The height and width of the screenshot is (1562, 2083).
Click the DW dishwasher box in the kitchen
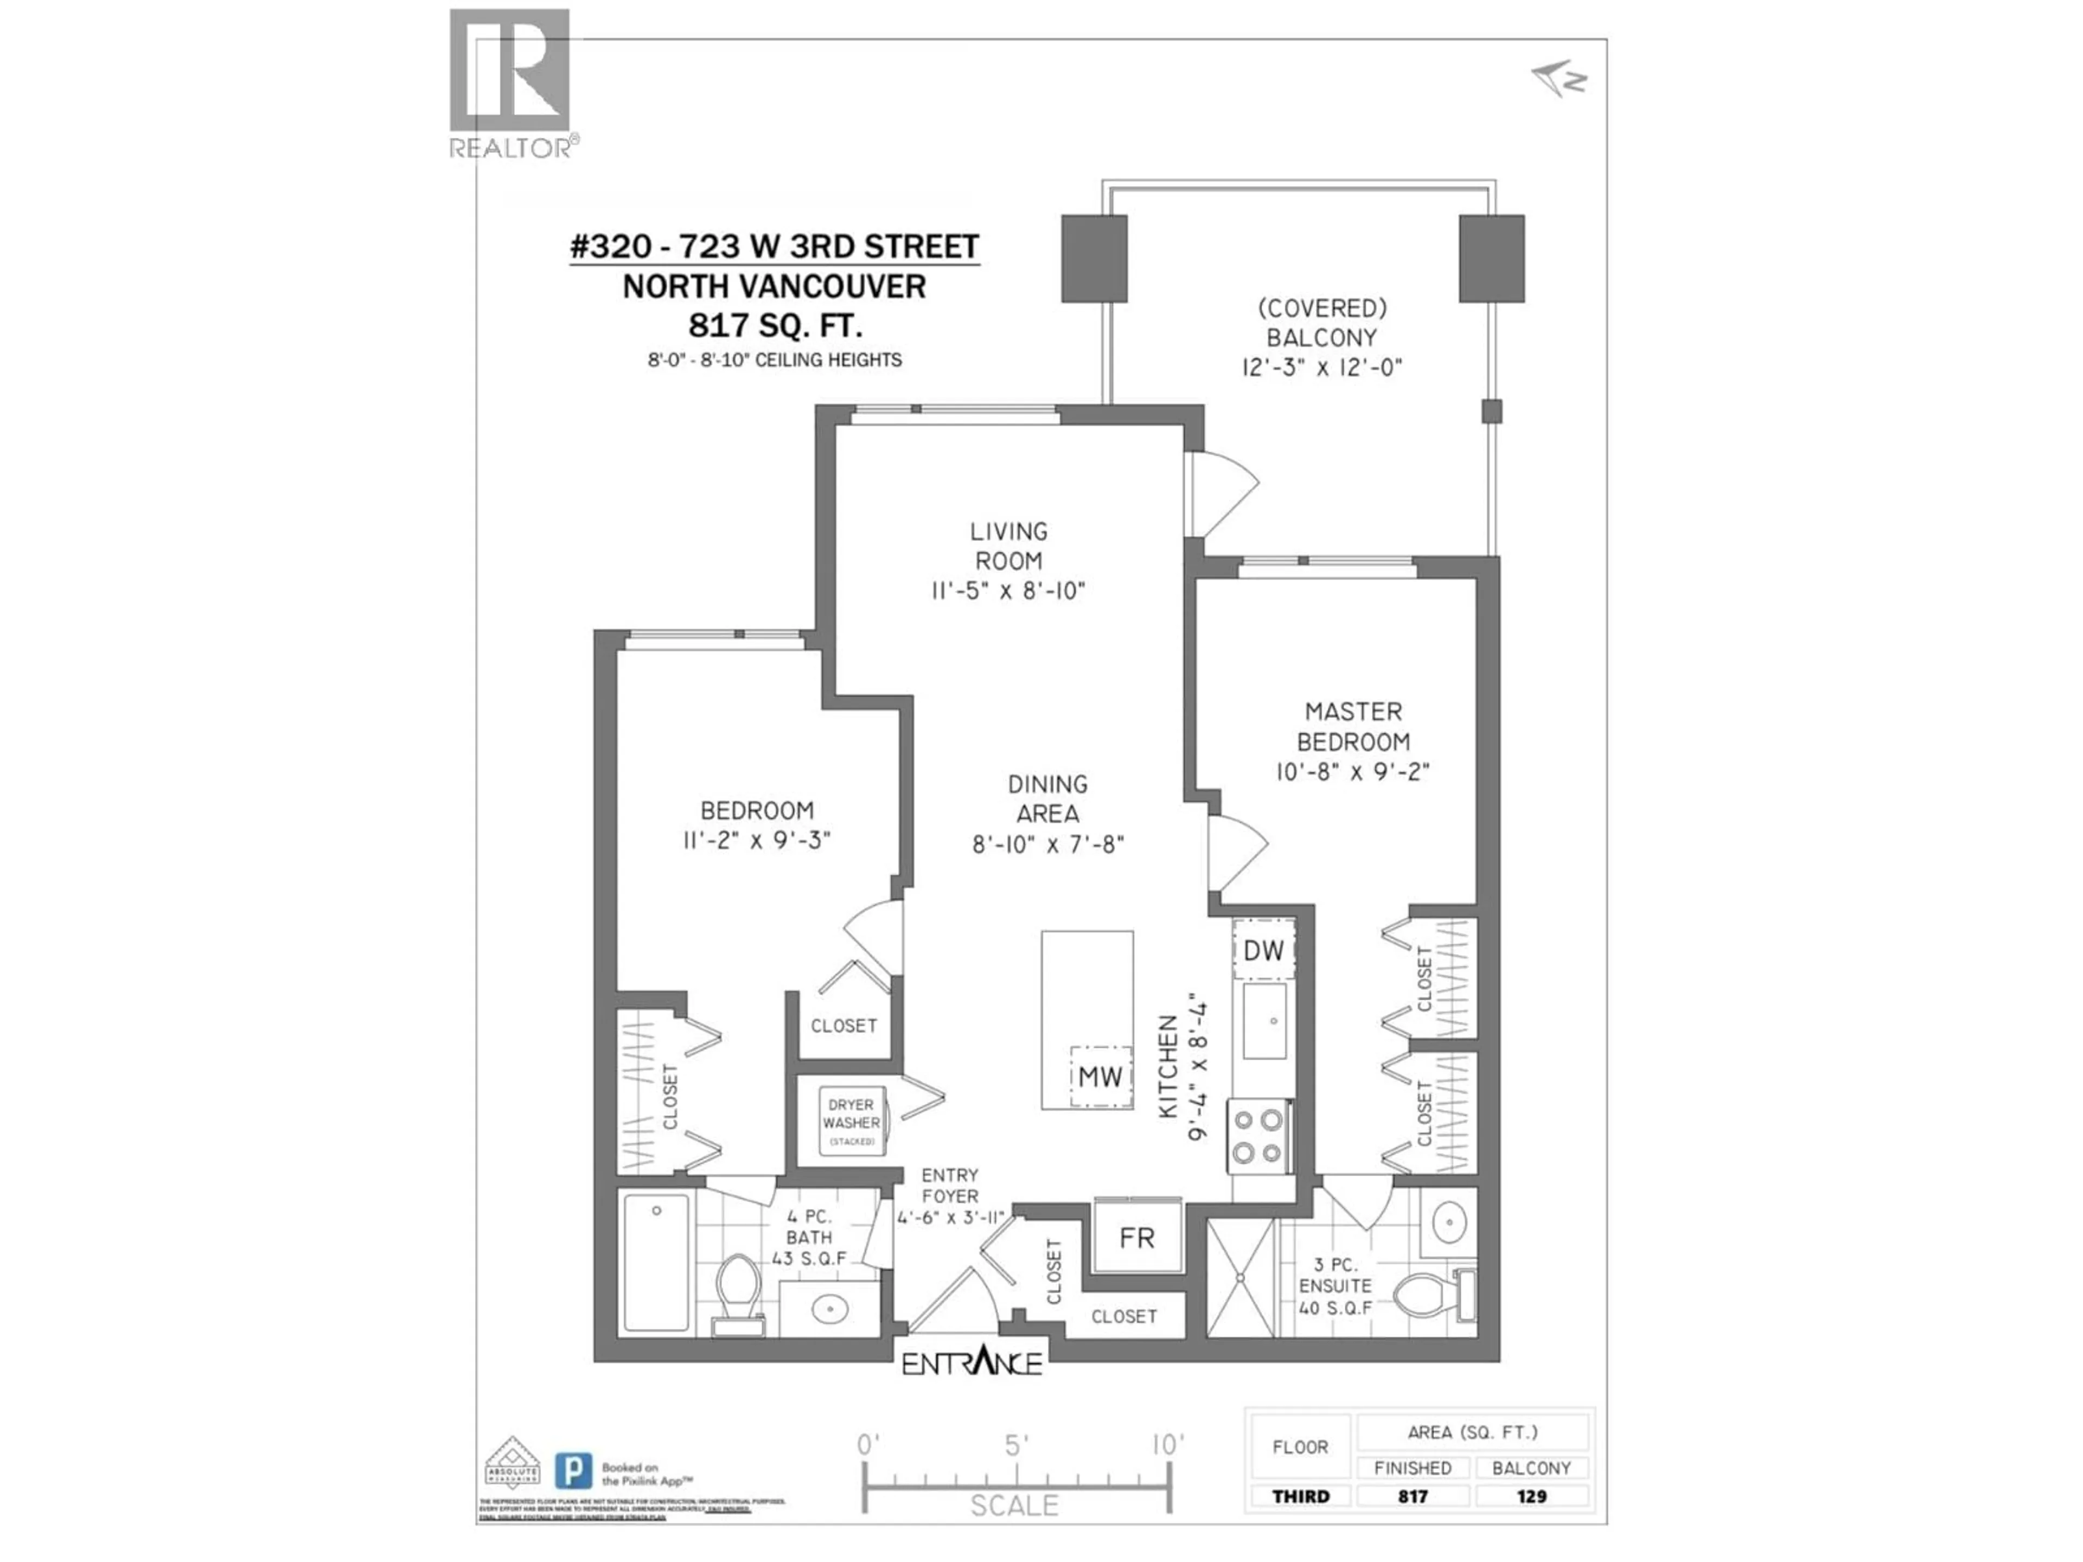click(x=1263, y=950)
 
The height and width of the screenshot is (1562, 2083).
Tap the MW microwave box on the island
click(x=1100, y=1076)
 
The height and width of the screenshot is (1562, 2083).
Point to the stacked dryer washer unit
click(x=851, y=1122)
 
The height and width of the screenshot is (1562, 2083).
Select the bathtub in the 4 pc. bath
click(x=656, y=1262)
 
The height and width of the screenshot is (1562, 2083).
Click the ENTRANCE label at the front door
click(x=972, y=1364)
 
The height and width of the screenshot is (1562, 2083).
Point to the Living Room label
click(x=1008, y=546)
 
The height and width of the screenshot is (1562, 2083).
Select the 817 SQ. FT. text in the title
click(x=775, y=326)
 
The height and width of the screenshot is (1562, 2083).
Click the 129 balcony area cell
click(x=1531, y=1496)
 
